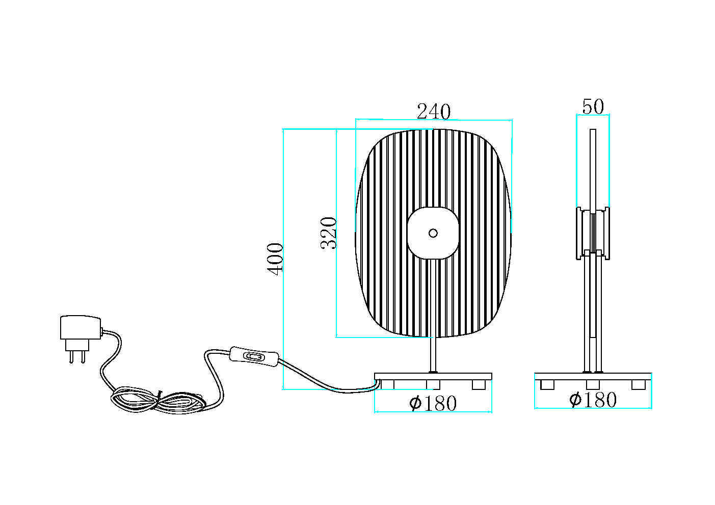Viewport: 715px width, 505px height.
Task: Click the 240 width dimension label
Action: pos(434,111)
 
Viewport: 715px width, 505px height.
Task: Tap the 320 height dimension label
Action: pos(329,233)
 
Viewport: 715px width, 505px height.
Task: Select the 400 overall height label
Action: pos(275,259)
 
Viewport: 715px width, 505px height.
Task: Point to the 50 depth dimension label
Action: pos(593,106)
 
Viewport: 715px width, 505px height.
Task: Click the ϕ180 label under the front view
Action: pos(433,403)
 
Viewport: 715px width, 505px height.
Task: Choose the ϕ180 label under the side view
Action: pos(593,400)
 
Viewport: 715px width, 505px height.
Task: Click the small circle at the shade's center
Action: pos(433,233)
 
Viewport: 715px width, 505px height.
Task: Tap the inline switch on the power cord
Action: pos(254,357)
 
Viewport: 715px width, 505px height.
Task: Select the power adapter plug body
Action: pos(81,328)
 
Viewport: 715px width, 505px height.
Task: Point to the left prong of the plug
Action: pos(71,356)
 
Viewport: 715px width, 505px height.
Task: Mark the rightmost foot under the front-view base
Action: pos(479,384)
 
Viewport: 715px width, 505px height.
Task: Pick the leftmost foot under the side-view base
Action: pos(547,384)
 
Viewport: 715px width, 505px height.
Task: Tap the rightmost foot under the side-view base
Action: pos(639,384)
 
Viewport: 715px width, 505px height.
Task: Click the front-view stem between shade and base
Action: pos(433,354)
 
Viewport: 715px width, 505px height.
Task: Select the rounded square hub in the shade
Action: pos(433,233)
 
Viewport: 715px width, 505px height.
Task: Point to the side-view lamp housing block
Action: pos(593,233)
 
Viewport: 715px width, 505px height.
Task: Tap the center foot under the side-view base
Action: pos(593,384)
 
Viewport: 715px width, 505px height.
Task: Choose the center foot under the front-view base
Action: pos(433,384)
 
